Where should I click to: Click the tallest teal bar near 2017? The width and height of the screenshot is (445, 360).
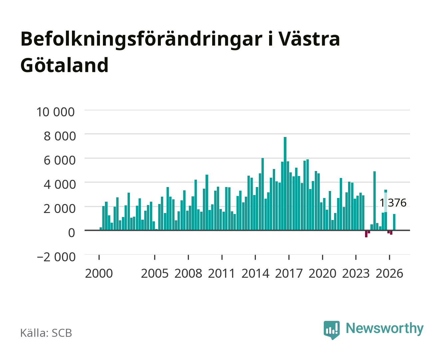[285, 184]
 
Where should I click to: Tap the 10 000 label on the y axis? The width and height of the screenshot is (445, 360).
[56, 112]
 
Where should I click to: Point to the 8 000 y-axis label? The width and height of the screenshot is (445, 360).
[60, 136]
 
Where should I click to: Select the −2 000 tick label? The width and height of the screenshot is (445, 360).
[56, 257]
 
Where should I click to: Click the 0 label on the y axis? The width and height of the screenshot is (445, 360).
[72, 233]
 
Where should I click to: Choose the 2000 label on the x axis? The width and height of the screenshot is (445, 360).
[99, 273]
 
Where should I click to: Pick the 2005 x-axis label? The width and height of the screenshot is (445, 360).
[155, 273]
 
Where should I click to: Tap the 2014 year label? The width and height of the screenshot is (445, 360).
[255, 273]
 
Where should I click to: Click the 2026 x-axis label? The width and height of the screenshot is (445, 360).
[389, 273]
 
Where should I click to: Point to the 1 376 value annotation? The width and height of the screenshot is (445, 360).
[393, 203]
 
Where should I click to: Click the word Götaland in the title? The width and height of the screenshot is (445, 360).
[64, 65]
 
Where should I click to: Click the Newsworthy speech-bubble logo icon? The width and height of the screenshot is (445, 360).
[331, 330]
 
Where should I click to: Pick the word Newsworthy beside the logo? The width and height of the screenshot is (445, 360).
[385, 328]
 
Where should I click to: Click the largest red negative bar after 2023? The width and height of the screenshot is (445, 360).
[366, 234]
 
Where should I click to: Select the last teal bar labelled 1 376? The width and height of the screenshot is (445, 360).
[394, 222]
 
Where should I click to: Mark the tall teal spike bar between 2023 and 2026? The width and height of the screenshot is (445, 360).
[374, 201]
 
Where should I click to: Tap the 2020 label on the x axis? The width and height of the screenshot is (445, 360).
[322, 273]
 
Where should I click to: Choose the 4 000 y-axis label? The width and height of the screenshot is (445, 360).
[60, 185]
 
